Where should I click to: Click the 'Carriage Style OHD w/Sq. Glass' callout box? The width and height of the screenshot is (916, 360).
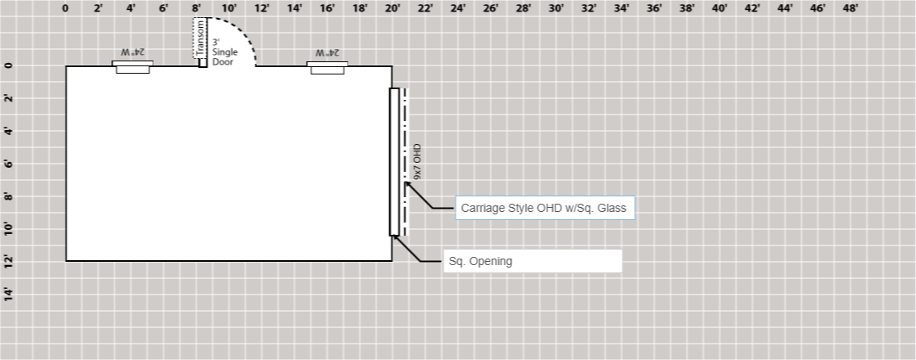pos(544,208)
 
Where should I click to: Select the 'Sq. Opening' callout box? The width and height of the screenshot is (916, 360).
pos(532,261)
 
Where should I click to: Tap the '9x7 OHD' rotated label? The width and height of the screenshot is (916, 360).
pos(417,162)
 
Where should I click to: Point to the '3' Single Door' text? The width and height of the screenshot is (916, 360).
pos(225,52)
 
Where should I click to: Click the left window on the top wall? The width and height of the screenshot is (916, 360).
pos(132,67)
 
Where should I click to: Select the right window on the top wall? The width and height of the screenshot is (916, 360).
pos(328,67)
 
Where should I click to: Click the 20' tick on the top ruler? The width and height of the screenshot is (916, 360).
pos(393,9)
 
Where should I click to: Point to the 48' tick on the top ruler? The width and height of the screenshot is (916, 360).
pos(851,9)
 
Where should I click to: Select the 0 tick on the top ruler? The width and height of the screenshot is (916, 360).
pos(65,9)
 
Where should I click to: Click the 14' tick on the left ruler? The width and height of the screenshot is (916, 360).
pos(9,294)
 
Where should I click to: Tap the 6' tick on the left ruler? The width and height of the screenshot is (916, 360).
pos(9,164)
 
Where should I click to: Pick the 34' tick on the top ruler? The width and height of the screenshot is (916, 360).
pos(622,9)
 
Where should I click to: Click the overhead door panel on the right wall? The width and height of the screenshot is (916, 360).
pos(394,162)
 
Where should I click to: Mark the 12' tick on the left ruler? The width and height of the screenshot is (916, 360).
pos(9,261)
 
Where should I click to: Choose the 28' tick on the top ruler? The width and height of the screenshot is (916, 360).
pos(523,9)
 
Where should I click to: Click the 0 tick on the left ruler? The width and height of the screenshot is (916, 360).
pos(9,65)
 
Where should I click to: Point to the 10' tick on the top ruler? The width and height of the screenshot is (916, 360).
pos(229,9)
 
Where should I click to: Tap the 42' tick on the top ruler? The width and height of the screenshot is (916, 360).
pos(752,9)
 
